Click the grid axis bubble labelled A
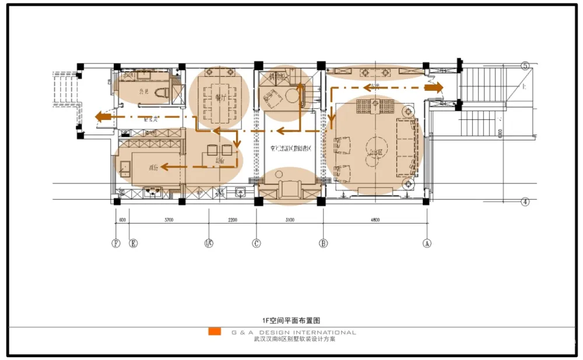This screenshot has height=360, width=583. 427,244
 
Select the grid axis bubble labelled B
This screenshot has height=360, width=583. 323,244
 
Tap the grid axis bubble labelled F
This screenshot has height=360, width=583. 115,244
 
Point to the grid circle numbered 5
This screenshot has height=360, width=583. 525,66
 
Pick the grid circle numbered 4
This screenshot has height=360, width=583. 525,202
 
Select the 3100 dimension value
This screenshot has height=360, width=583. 289,220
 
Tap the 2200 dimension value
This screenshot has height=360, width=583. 232,220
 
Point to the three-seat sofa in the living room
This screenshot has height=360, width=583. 407,147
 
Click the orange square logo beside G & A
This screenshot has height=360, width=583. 215,332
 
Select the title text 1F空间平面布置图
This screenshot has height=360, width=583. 291,320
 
